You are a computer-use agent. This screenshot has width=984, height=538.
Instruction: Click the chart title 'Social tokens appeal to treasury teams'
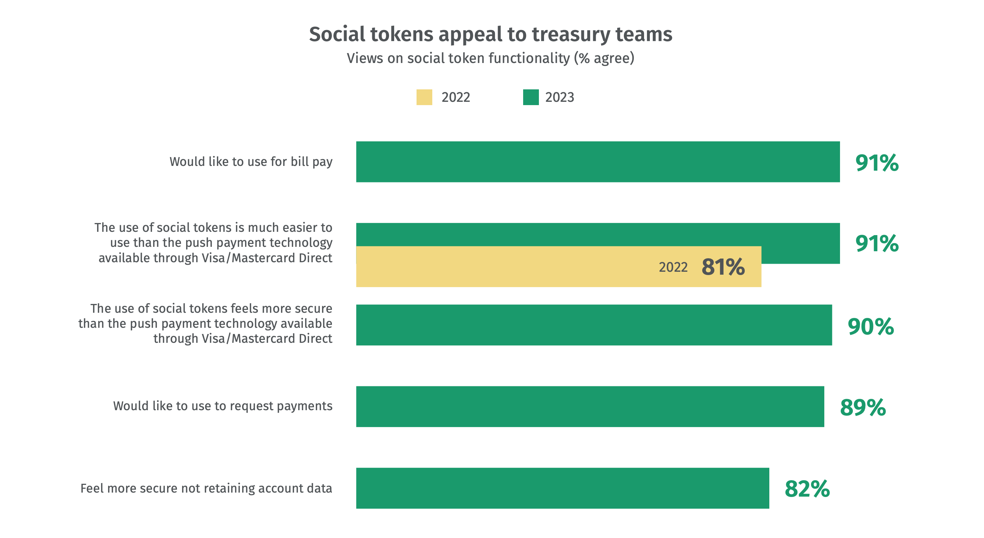tap(491, 34)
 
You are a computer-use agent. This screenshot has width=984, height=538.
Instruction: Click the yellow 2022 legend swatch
tap(424, 97)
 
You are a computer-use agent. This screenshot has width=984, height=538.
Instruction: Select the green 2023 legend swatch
tap(530, 97)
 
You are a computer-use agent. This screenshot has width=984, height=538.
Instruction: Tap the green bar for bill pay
tap(598, 162)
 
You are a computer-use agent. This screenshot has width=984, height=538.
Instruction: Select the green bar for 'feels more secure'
tap(594, 325)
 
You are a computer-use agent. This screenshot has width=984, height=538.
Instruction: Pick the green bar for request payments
tap(590, 406)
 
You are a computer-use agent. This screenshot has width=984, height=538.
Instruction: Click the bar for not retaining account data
tap(563, 488)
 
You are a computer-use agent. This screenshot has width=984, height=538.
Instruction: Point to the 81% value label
tap(723, 267)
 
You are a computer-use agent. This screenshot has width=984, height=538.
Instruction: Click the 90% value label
tap(870, 326)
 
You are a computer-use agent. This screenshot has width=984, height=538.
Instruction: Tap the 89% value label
tap(863, 407)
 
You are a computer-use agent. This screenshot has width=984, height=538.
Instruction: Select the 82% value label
tap(807, 489)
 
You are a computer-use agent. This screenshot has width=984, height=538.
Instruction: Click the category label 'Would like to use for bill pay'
tap(251, 162)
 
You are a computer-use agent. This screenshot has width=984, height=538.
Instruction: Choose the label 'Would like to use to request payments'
tap(223, 406)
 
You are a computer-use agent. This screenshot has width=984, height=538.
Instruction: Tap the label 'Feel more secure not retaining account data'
tap(206, 488)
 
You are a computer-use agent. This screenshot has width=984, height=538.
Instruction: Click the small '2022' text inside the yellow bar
tap(673, 267)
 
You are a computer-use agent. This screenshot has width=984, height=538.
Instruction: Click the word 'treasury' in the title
tap(571, 34)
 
